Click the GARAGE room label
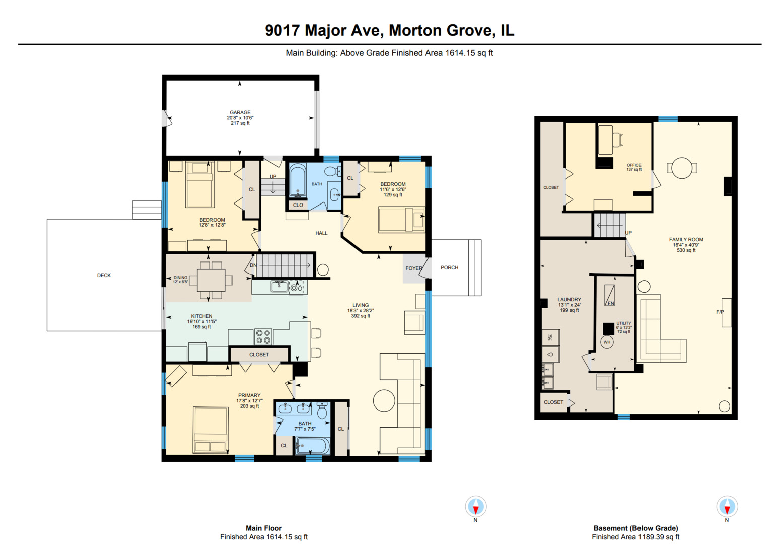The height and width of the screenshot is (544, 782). (x=240, y=113)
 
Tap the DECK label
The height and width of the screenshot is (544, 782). (x=104, y=275)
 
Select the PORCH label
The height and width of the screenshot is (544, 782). (x=449, y=267)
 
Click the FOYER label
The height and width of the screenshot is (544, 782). (x=413, y=268)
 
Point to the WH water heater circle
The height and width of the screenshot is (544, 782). (x=607, y=342)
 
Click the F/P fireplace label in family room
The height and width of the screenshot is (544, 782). (x=720, y=312)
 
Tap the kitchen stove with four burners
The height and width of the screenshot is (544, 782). (x=263, y=336)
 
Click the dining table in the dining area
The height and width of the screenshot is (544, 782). (x=211, y=280)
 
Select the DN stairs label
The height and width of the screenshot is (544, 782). (x=253, y=265)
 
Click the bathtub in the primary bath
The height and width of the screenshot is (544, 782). (x=313, y=446)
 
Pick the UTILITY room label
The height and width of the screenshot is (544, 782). (x=623, y=323)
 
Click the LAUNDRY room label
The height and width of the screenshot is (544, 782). (x=569, y=299)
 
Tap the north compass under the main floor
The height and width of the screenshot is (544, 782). (x=475, y=506)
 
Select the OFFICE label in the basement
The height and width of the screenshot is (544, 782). (x=634, y=165)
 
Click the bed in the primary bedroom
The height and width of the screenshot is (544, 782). (x=210, y=430)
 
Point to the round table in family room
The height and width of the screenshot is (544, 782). (x=682, y=168)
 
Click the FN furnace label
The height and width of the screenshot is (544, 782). (x=610, y=303)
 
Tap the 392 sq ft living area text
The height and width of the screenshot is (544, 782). (x=361, y=316)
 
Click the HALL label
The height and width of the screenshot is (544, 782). (x=321, y=233)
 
